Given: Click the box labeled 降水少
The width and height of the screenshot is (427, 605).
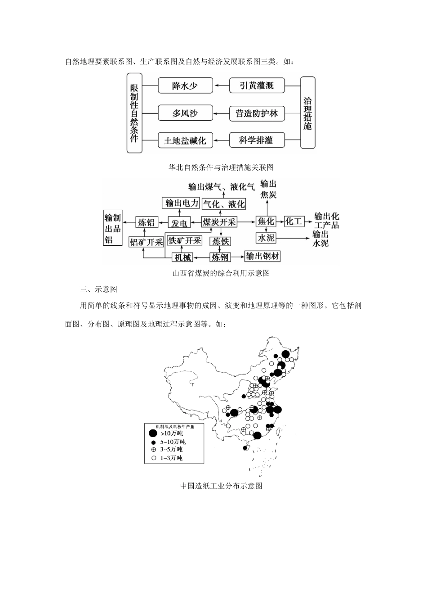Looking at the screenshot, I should coord(185,86).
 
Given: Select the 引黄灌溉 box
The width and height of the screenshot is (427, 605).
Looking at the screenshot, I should coord(256,86).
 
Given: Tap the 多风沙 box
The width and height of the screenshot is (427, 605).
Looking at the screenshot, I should coord(185,113).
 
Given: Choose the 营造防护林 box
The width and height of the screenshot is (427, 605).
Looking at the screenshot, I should coord(256,113).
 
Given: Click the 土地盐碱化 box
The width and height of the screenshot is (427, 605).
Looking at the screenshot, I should coord(185,140).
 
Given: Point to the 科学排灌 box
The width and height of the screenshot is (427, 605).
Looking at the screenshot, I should coord(256,140).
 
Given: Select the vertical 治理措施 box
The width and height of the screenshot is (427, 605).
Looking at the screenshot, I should coord(307,113).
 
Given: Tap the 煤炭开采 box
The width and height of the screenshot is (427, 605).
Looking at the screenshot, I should coord(219,222).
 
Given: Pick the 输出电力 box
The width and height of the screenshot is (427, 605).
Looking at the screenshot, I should coord(182,203).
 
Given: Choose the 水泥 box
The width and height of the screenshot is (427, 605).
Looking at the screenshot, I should coord(265,238).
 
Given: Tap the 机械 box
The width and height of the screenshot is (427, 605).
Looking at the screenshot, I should coord(182,257).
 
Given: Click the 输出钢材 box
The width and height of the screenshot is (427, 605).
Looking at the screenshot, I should coord(262,257).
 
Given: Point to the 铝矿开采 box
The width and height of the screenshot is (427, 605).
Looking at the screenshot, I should coord(146,242).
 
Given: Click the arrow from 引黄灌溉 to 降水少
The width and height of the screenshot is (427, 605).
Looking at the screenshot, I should coord(221,85).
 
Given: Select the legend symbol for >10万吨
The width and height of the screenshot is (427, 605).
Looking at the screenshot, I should coord(153,433).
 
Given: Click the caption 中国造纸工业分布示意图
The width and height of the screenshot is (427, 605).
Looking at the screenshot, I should coord(221,486).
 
